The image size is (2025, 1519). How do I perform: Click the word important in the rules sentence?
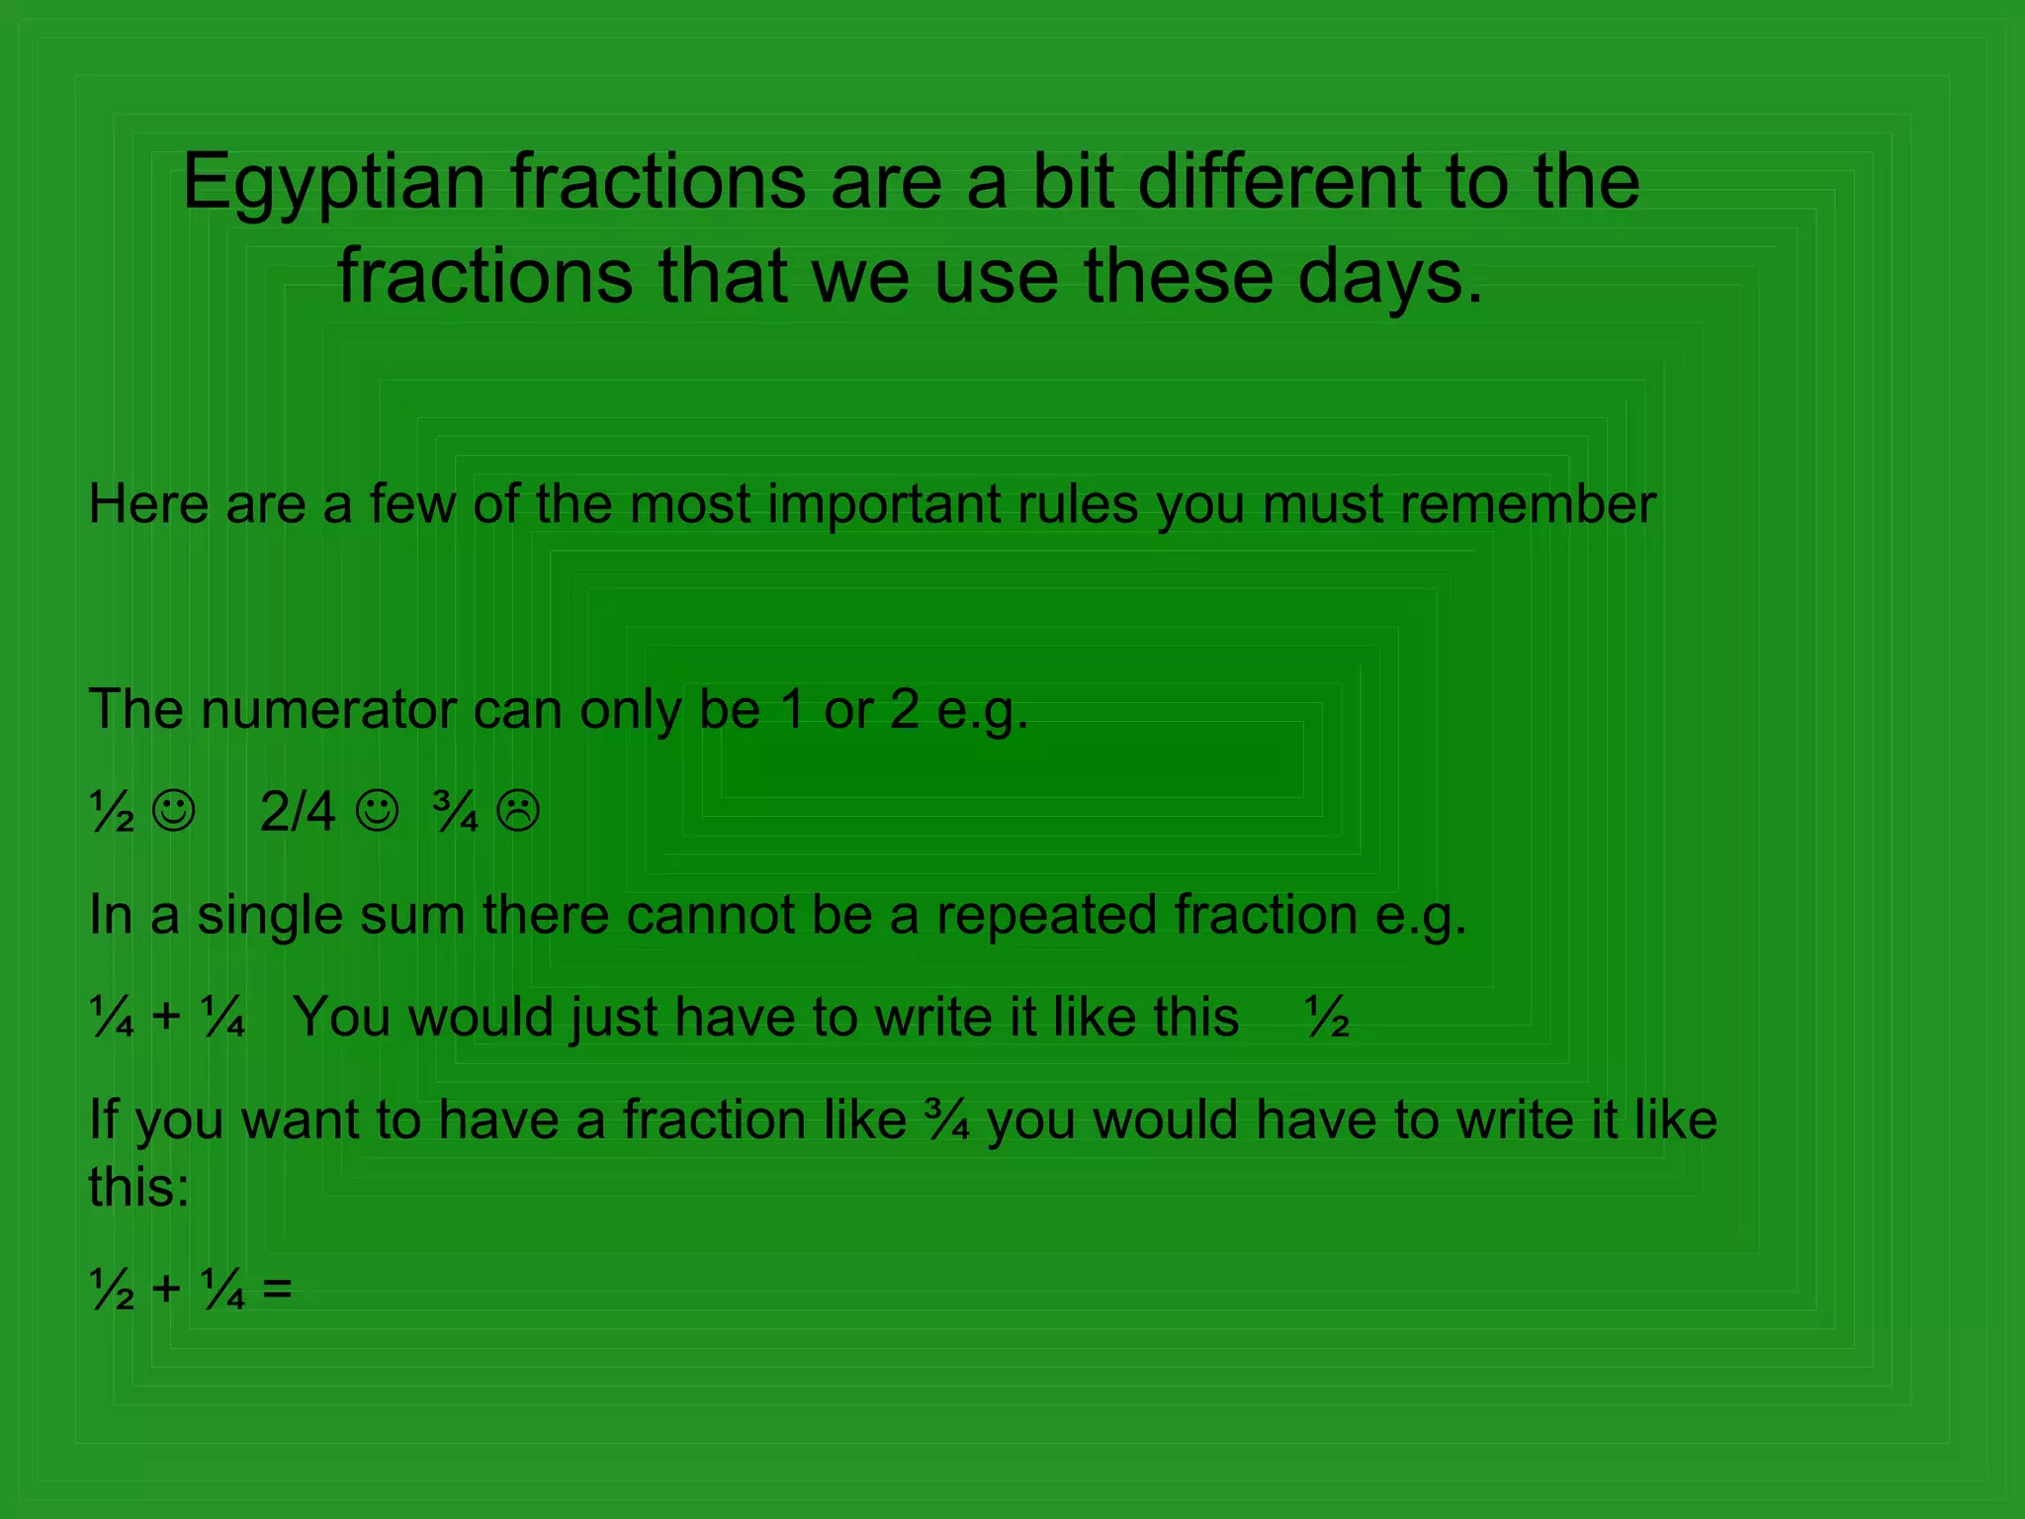[x=883, y=504]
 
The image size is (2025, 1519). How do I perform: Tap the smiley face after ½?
[x=174, y=811]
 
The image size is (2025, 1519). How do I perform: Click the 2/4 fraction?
[x=297, y=812]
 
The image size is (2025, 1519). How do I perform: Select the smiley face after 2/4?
[x=377, y=811]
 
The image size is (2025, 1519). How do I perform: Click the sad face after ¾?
[x=518, y=811]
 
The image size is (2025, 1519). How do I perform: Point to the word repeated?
[x=1046, y=915]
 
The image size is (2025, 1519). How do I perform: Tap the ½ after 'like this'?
[x=1327, y=1018]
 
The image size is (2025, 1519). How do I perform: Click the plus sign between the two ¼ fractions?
[x=166, y=1016]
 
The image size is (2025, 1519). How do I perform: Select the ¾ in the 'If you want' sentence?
[x=946, y=1120]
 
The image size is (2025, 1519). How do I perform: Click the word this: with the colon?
[x=138, y=1187]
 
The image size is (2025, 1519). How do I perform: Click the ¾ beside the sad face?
[x=456, y=812]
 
